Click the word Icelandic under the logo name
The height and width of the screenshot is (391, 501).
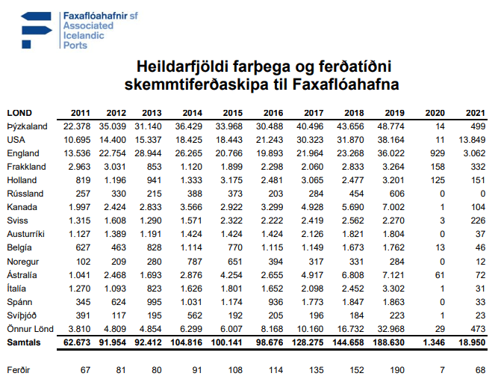point(84,35)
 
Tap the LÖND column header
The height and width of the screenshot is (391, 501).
point(19,113)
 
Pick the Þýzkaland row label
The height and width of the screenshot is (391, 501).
point(27,126)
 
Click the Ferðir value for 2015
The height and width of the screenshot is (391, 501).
point(235,369)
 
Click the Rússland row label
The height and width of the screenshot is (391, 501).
point(25,193)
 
